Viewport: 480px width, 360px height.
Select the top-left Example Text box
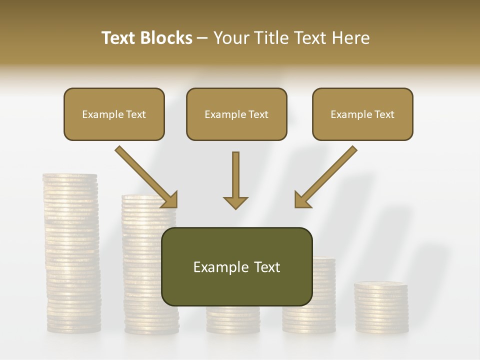tap(114, 114)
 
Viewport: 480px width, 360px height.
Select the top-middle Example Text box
tap(236, 114)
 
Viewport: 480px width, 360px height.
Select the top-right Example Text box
tap(362, 114)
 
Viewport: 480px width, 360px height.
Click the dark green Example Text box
tap(236, 266)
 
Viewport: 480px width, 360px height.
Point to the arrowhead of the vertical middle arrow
tap(235, 202)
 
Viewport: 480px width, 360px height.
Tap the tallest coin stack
tap(71, 250)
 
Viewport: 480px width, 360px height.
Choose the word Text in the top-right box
tap(384, 114)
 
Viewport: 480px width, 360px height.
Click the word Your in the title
tap(231, 37)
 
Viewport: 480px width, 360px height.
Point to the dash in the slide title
tap(202, 38)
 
